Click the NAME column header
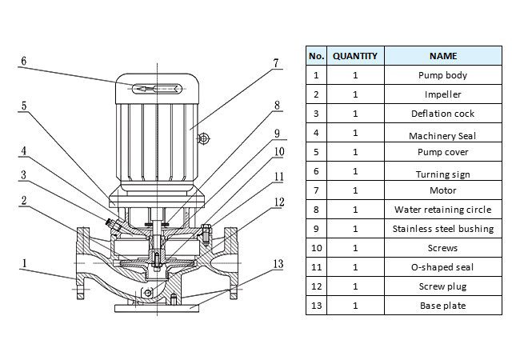point(442,56)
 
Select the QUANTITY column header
point(355,56)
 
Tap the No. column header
point(316,56)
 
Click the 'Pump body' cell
point(442,75)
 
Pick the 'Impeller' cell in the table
point(442,94)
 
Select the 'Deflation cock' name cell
point(442,114)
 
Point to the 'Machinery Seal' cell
point(442,134)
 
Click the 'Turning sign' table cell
point(442,173)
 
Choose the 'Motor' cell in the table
point(442,190)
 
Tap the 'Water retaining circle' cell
point(442,210)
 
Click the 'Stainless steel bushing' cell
point(442,229)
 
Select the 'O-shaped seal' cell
point(442,267)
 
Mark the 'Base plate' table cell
point(442,305)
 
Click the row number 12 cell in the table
point(316,286)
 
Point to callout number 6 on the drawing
point(24,61)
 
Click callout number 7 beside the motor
point(274,62)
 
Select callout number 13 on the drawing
point(278,263)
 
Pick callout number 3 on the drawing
point(24,174)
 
